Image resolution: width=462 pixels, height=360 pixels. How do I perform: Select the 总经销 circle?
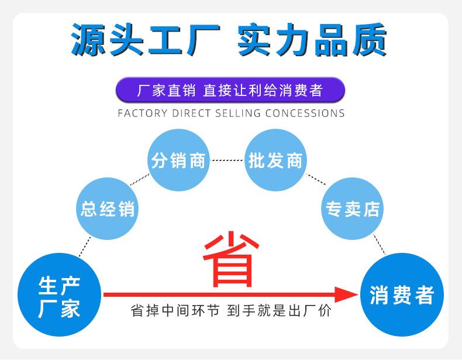[x=108, y=209]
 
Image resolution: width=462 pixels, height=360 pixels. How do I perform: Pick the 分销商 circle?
[x=178, y=160]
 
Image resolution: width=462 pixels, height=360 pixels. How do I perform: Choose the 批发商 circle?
[x=275, y=160]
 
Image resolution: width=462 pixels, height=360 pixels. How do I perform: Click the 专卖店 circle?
[x=353, y=208]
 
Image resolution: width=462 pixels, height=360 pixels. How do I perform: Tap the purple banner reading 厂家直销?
[x=230, y=91]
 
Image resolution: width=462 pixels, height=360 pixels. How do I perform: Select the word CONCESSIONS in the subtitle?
[x=305, y=113]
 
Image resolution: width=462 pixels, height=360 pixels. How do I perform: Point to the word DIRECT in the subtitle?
[x=187, y=113]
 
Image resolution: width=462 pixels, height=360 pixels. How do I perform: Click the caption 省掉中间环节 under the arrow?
[x=175, y=311]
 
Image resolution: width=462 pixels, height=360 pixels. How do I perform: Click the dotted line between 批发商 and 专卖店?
[x=316, y=179]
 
